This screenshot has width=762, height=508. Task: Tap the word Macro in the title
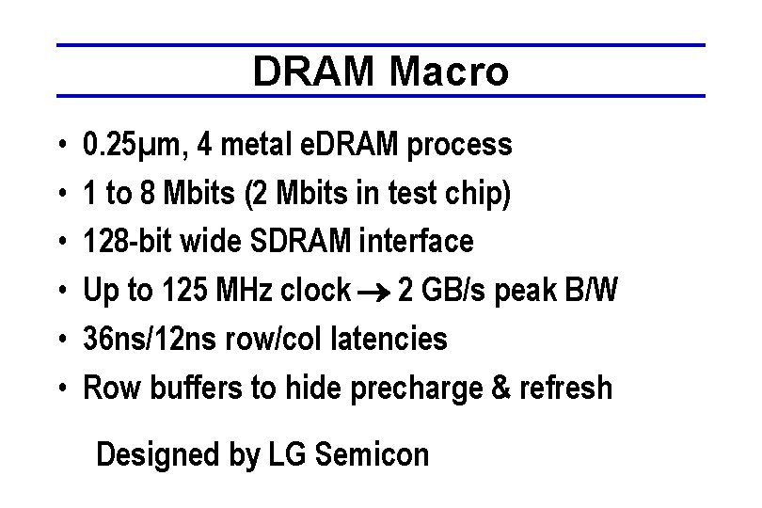pos(449,71)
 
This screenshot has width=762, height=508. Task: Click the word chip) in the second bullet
pos(482,195)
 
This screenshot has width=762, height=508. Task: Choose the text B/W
pos(593,292)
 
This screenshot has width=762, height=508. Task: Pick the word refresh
pos(570,388)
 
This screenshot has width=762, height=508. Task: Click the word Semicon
pos(373,455)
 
